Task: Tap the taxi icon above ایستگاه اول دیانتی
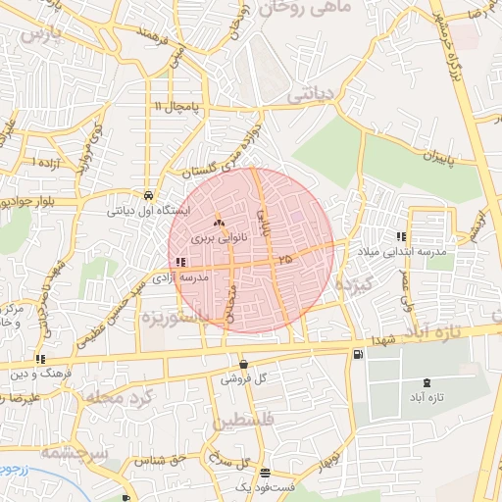pyautogui.click(x=148, y=194)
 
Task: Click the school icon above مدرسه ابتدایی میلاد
pyautogui.click(x=400, y=236)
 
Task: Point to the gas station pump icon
pyautogui.click(x=356, y=354)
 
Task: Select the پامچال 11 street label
pyautogui.click(x=176, y=105)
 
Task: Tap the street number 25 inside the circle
pyautogui.click(x=285, y=259)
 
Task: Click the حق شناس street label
pyautogui.click(x=164, y=459)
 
